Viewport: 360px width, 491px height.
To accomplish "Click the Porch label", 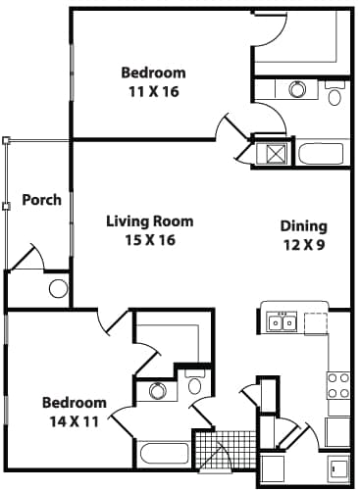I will [42, 200].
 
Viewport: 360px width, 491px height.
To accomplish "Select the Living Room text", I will [149, 221].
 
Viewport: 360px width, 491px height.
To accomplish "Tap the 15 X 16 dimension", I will [149, 241].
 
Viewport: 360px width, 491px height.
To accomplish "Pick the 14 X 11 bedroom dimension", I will [74, 421].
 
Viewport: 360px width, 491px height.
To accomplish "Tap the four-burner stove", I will [338, 385].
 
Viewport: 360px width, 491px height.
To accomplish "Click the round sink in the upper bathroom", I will [297, 90].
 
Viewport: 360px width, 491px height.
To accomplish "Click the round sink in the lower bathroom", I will [157, 391].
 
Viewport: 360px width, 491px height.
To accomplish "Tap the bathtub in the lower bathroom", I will [164, 453].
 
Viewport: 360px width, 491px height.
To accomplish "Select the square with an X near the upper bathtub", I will [270, 154].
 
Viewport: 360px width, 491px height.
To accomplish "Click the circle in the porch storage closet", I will [58, 288].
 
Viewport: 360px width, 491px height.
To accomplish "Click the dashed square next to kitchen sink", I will [315, 322].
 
